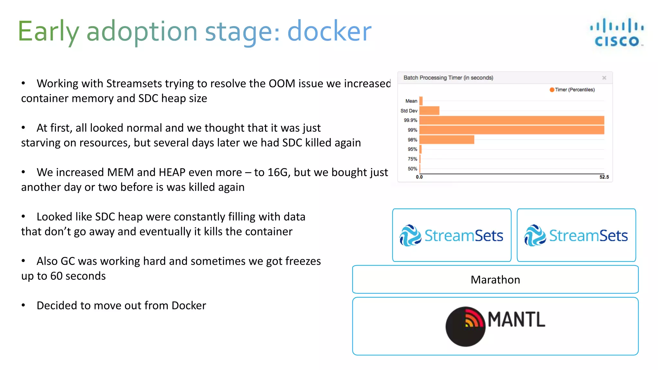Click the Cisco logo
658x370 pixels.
(x=617, y=32)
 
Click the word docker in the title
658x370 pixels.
(x=329, y=31)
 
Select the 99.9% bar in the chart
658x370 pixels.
(x=511, y=120)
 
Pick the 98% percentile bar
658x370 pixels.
(x=447, y=139)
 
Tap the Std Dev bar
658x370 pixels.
(x=429, y=110)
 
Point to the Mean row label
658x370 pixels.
(x=411, y=101)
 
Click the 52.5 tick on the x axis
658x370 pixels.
(x=604, y=177)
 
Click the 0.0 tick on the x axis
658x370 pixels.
(x=419, y=177)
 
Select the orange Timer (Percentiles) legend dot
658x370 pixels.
(x=552, y=90)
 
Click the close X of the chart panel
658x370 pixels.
(x=604, y=78)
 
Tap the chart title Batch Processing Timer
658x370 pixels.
(x=448, y=78)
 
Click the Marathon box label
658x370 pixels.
(x=495, y=280)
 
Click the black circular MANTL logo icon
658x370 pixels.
(x=465, y=327)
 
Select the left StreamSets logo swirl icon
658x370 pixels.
(x=410, y=235)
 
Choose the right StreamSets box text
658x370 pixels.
(x=588, y=236)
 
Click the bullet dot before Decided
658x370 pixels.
(x=23, y=305)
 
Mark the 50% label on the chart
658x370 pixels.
(x=412, y=169)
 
